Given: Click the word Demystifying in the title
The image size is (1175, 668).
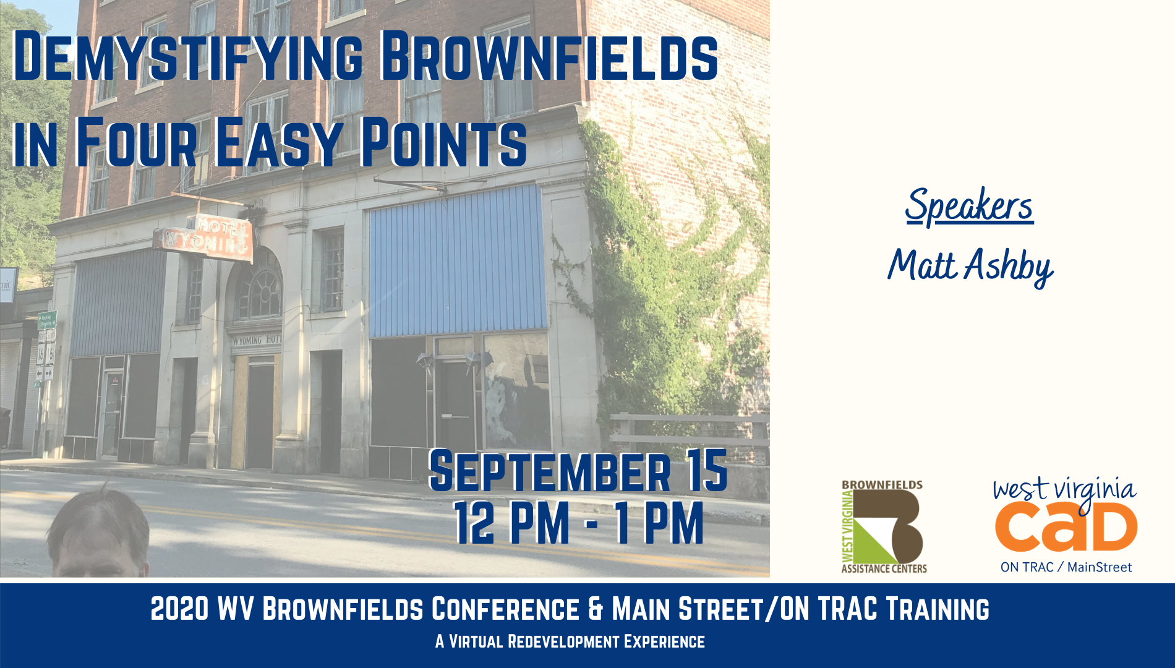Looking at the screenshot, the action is (187, 56).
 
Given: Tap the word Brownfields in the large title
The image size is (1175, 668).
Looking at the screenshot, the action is (549, 56).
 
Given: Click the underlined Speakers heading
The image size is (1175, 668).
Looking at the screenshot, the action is (969, 207).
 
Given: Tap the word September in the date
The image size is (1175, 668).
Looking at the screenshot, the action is (550, 471).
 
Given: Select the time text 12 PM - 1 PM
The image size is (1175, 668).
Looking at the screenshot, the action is (578, 523).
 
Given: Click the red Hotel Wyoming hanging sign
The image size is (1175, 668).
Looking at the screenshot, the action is (205, 238).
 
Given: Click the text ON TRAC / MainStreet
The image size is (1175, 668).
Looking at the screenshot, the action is (1066, 567).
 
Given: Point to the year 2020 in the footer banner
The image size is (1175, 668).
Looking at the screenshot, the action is (179, 609).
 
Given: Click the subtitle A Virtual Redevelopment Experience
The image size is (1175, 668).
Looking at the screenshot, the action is (570, 641).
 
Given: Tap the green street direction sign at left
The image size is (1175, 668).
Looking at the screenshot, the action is (48, 320).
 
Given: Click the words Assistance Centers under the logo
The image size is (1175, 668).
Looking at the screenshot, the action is (884, 568).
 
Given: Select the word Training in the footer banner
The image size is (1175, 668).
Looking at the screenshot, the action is (938, 609).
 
